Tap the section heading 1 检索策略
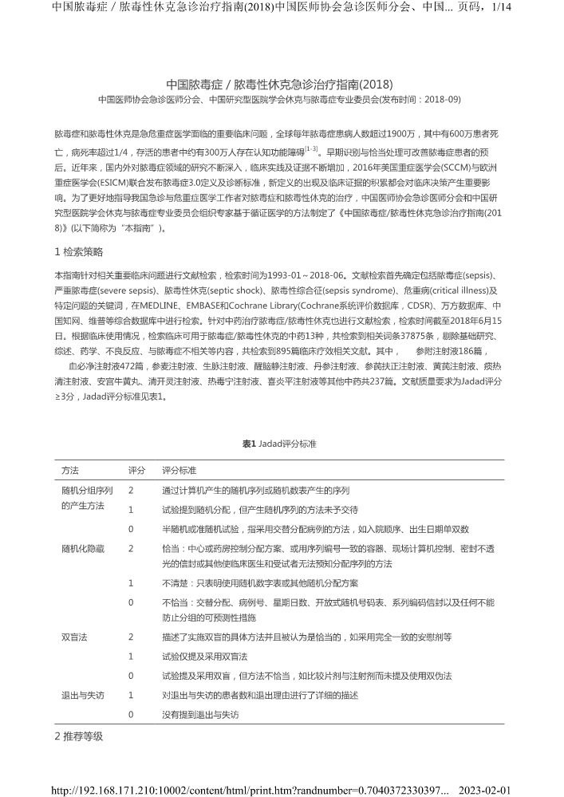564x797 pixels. point(78,252)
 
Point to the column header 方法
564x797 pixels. point(69,470)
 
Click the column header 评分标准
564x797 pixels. point(179,470)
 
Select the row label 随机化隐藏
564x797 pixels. point(83,549)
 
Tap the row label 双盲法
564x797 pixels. point(74,637)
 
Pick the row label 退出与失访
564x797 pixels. point(83,695)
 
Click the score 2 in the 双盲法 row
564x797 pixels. point(131,637)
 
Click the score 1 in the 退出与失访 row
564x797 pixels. point(131,695)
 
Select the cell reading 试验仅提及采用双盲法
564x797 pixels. point(204,656)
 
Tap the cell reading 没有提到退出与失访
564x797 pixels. point(199,714)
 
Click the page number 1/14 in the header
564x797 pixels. point(501,7)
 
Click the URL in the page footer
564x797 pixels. point(250,790)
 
